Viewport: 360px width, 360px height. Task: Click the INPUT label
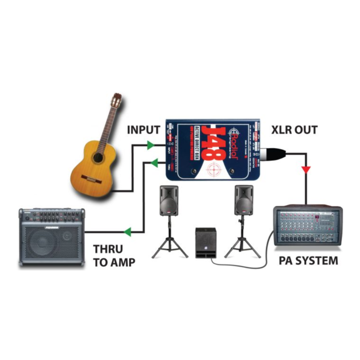(x=144, y=130)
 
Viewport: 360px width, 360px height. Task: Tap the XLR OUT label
(x=294, y=130)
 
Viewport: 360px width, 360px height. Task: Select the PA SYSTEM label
(x=308, y=261)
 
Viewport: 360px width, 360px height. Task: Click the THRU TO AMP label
(x=114, y=255)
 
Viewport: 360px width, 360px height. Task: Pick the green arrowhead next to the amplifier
(x=127, y=232)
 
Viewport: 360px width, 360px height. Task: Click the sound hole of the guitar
(x=98, y=157)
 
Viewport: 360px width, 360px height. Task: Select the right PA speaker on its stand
(x=243, y=200)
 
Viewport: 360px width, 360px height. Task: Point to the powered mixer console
(x=308, y=225)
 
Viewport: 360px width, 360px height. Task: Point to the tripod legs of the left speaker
(x=169, y=245)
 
